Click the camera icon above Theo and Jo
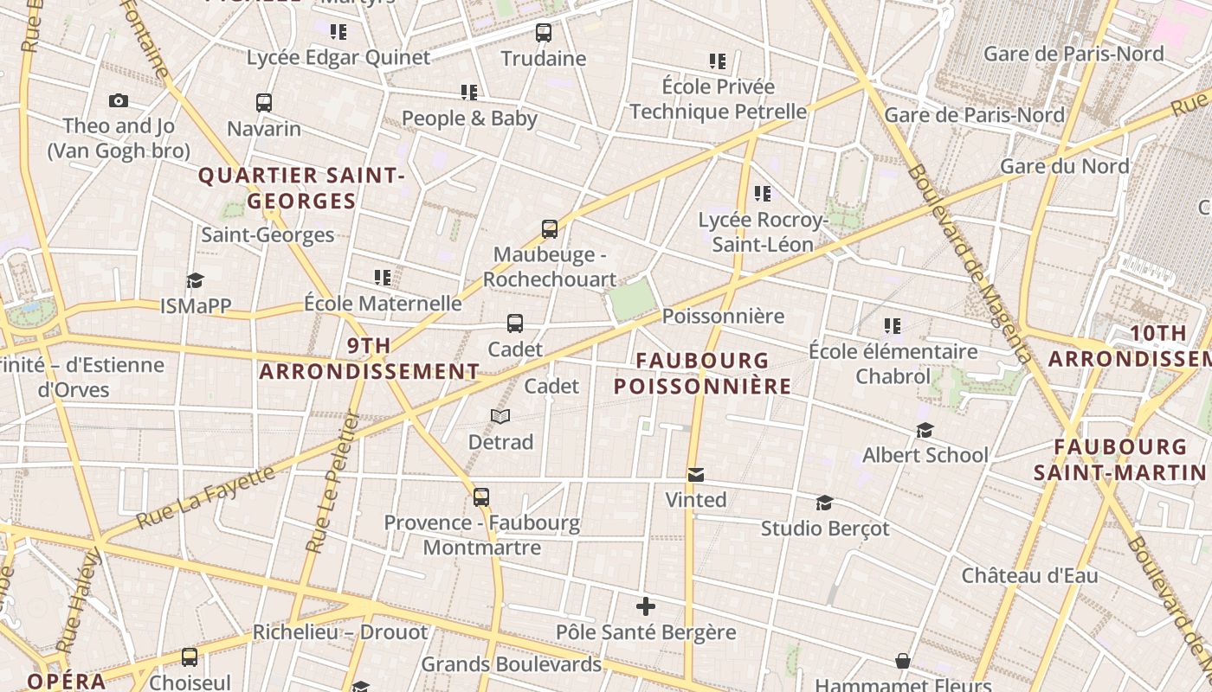click(x=119, y=101)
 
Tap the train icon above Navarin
click(x=264, y=103)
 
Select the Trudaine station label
click(x=544, y=59)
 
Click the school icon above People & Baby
click(x=469, y=92)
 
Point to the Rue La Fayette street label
click(x=208, y=497)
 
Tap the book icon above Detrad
click(x=500, y=416)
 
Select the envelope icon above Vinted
click(x=696, y=475)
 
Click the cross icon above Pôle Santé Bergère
click(x=646, y=606)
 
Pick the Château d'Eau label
click(x=1029, y=575)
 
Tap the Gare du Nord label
click(x=1064, y=166)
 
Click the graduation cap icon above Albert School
click(x=925, y=430)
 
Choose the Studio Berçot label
click(x=824, y=529)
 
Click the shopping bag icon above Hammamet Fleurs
click(x=903, y=662)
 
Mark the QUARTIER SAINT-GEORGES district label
click(x=301, y=189)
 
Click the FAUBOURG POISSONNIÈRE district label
click(x=702, y=373)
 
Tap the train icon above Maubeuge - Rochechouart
click(x=550, y=229)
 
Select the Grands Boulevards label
click(x=511, y=664)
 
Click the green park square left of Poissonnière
click(x=632, y=299)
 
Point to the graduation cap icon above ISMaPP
click(x=195, y=280)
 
